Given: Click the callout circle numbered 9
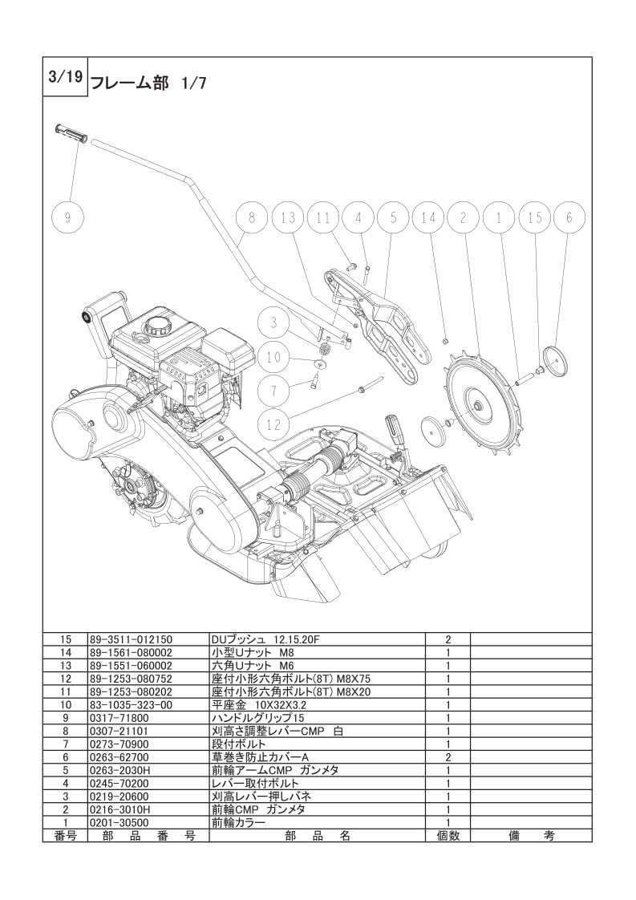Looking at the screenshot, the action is pyautogui.click(x=67, y=218).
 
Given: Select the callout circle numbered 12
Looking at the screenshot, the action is pyautogui.click(x=273, y=424).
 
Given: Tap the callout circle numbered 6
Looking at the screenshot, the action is pyautogui.click(x=569, y=218).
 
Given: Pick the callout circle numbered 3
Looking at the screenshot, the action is pyautogui.click(x=273, y=323).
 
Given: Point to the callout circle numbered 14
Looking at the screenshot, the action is pyautogui.click(x=428, y=218).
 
